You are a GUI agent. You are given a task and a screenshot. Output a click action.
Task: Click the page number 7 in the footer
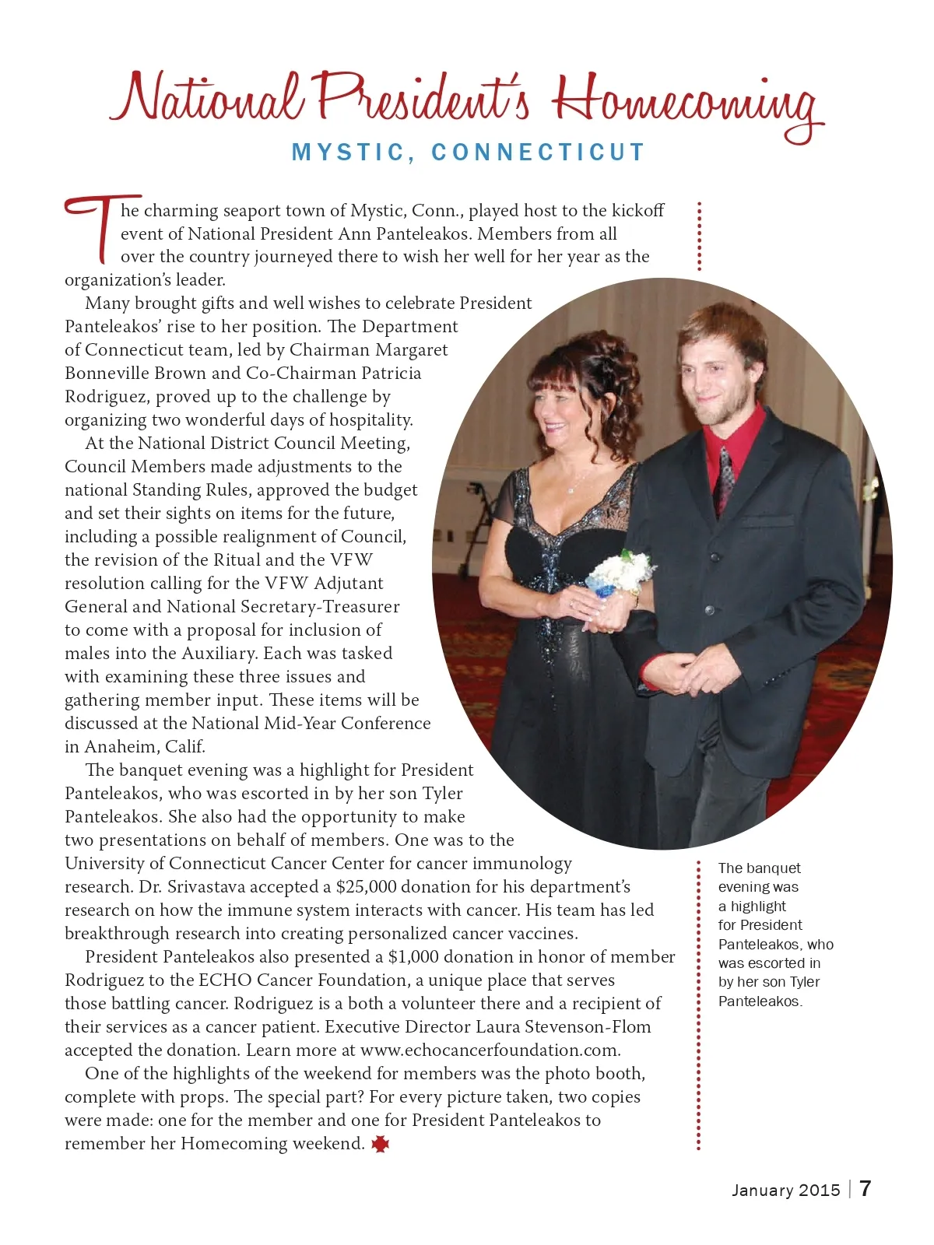[866, 1188]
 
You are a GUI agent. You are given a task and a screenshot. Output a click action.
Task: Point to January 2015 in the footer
[785, 1190]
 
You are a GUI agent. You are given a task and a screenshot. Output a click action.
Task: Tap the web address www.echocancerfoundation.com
[490, 1050]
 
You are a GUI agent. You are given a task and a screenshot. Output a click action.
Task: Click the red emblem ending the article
[381, 1144]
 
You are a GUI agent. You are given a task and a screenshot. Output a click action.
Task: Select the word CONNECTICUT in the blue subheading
[539, 153]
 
